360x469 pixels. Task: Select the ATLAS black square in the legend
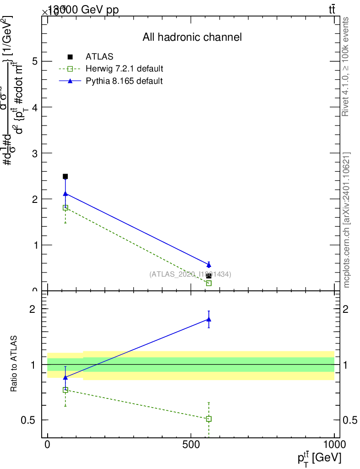[70, 57]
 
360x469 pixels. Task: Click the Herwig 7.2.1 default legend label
[124, 69]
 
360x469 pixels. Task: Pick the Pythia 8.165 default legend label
[124, 81]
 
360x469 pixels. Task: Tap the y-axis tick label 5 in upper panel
[34, 61]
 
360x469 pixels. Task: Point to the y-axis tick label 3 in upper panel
[34, 153]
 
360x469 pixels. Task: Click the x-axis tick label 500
[191, 446]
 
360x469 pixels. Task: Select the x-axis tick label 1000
[334, 446]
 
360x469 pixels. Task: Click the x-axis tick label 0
[48, 446]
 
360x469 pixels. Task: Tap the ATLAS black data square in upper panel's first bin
[65, 176]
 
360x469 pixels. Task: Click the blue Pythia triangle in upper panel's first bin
[65, 194]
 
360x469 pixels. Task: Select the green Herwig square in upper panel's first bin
[65, 207]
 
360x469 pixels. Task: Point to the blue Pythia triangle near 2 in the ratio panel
[209, 319]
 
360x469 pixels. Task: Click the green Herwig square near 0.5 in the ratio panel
[209, 419]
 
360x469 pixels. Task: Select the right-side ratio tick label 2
[349, 309]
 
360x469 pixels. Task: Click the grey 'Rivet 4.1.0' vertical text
[346, 66]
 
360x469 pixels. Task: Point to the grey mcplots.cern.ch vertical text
[346, 220]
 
